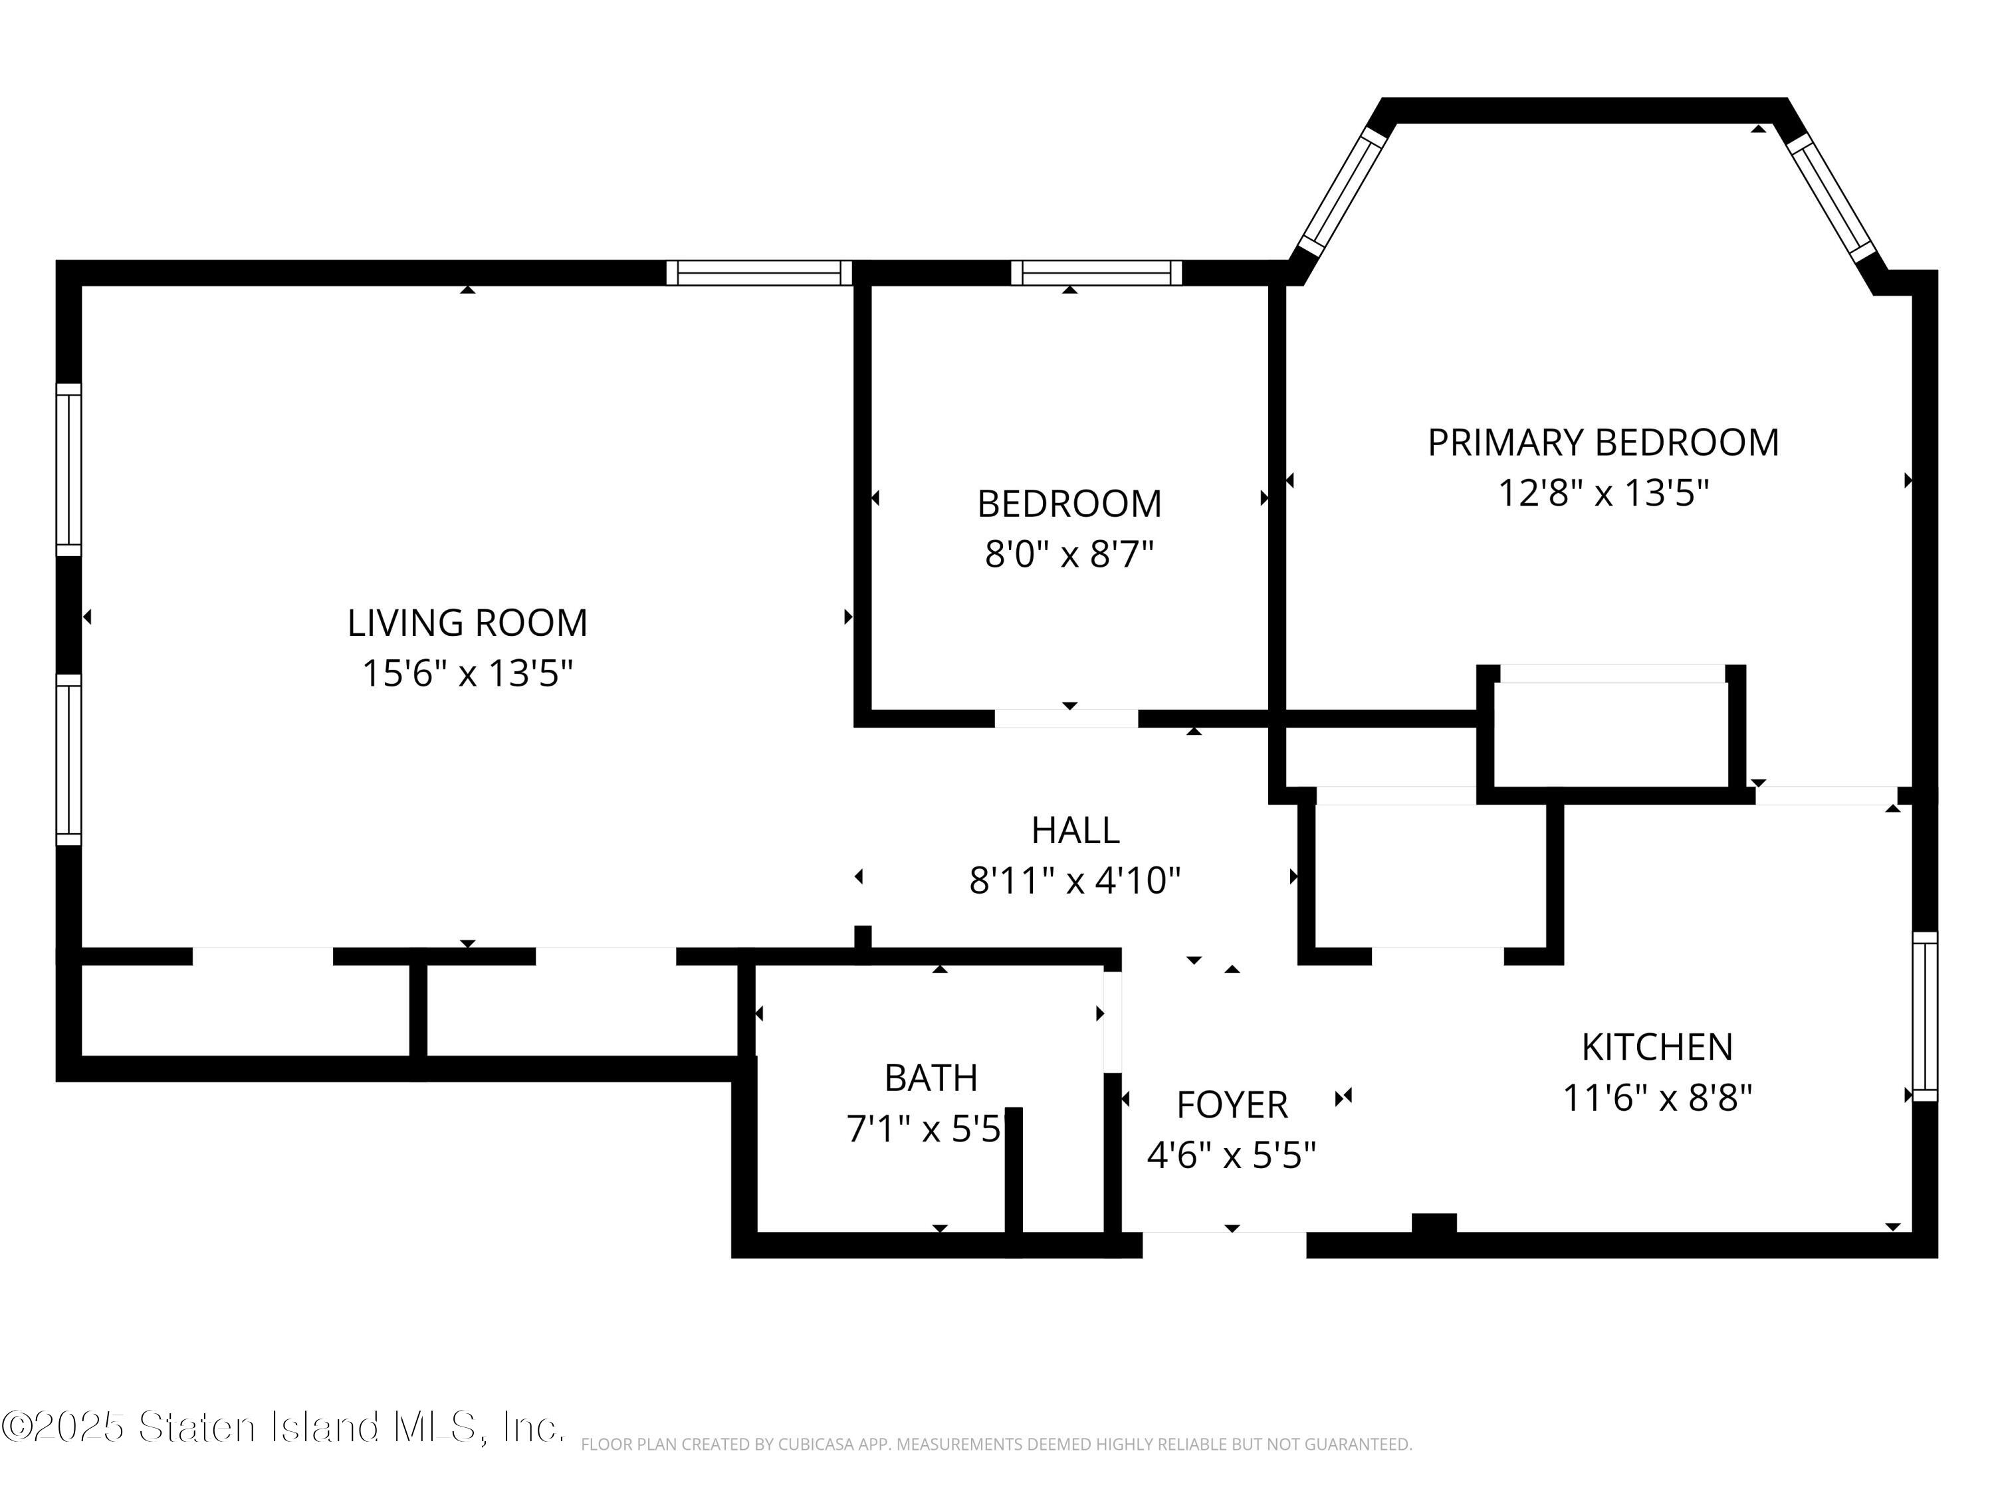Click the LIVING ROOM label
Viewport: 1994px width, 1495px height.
[467, 623]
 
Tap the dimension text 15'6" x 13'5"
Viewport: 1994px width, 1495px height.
[467, 673]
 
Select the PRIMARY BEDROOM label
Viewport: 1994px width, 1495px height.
[1603, 443]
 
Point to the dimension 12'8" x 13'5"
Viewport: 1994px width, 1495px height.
[1603, 493]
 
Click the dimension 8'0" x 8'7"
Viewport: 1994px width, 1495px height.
[1069, 554]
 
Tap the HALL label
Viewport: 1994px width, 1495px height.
[1075, 830]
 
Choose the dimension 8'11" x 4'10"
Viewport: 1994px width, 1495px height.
[1075, 880]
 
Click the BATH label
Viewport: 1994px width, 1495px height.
[931, 1078]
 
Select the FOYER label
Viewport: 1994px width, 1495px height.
[1232, 1105]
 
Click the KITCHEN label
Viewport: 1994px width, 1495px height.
[1658, 1047]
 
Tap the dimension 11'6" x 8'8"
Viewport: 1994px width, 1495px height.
[1657, 1098]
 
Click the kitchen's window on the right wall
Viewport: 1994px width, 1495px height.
[1925, 1017]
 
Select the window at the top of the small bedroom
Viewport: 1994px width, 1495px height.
[1096, 272]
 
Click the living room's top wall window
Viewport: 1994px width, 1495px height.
[759, 272]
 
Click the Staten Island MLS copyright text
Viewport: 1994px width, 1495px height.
[283, 1427]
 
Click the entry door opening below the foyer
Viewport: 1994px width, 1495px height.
[1224, 1245]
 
